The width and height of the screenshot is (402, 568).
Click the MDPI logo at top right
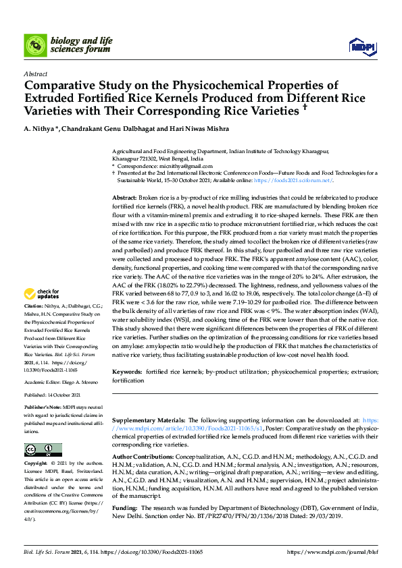[x=361, y=46]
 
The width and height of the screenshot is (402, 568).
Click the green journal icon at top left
[x=35, y=46]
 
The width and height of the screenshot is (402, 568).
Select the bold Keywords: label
[x=126, y=372]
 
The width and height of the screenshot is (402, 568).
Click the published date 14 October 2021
[x=64, y=395]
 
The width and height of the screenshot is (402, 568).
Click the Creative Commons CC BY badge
[x=43, y=449]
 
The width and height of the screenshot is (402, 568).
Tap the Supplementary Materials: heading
[x=147, y=420]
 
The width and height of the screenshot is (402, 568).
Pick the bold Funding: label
[x=124, y=507]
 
